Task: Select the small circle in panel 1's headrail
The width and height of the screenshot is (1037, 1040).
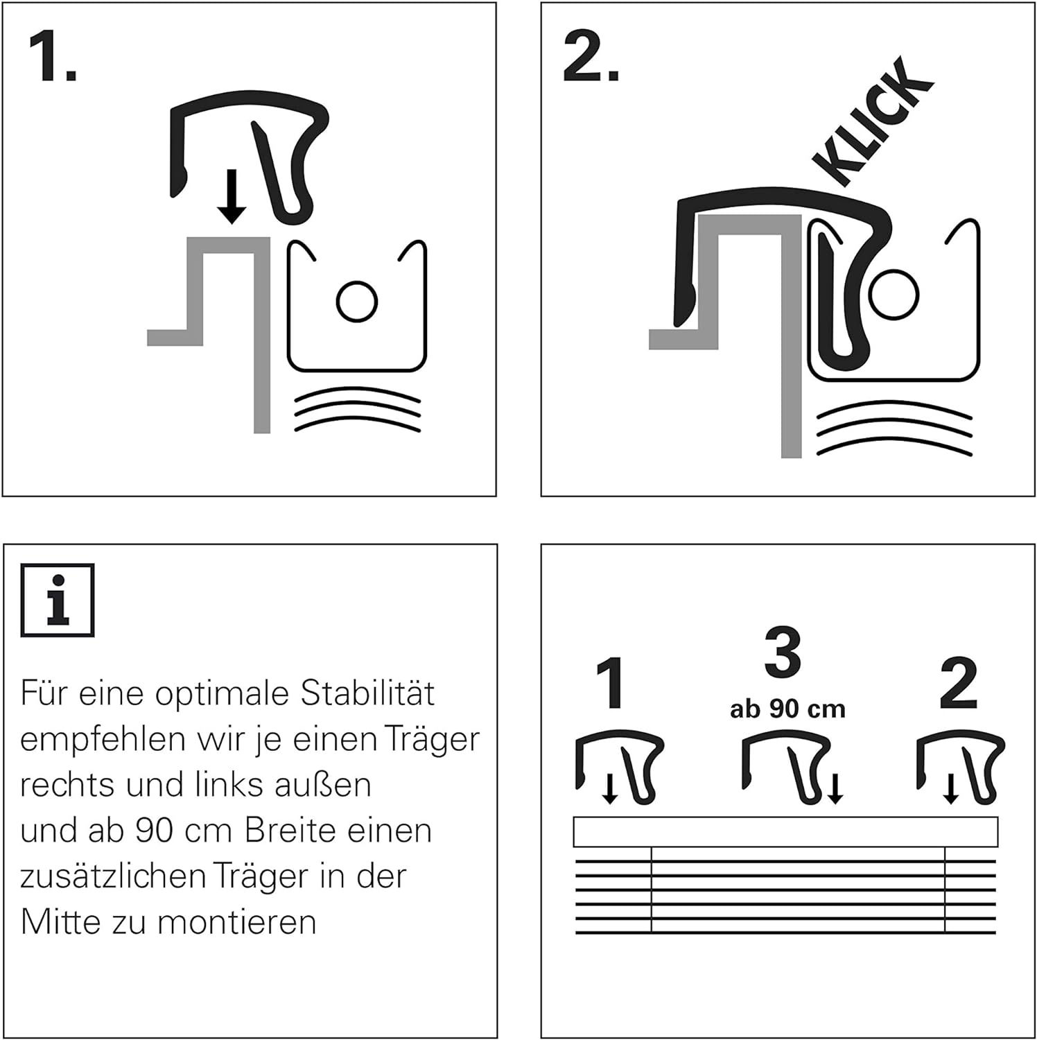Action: click(357, 301)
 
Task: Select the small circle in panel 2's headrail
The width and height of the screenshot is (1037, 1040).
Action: click(894, 294)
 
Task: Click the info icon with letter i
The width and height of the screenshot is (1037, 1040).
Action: click(58, 600)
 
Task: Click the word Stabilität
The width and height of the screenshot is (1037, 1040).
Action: click(367, 693)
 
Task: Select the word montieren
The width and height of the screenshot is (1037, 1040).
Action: click(236, 923)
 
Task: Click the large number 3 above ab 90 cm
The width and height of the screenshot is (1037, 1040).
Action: click(783, 652)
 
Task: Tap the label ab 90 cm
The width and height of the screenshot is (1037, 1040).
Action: click(787, 709)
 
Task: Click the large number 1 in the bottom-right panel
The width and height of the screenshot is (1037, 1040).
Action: click(610, 684)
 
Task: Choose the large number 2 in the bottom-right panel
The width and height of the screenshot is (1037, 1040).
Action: click(959, 684)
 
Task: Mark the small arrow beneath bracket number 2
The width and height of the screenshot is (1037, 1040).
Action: click(951, 789)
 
